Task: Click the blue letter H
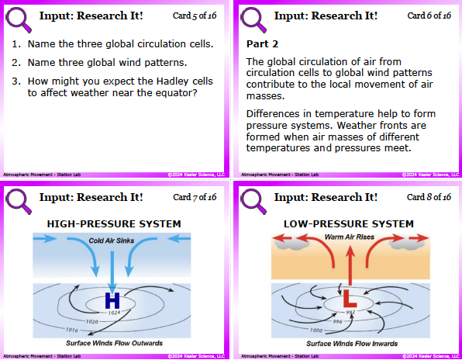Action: (112, 300)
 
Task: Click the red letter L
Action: (350, 299)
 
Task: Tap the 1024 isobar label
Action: (114, 313)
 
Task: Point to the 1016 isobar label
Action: (71, 330)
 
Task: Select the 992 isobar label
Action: (350, 312)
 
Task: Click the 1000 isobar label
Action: (315, 331)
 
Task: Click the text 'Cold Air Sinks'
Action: (112, 241)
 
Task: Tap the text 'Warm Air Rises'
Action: (349, 237)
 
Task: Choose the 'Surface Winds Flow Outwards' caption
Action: (114, 343)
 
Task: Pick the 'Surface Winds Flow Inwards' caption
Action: (352, 344)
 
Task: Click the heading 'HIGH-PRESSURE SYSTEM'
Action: (114, 224)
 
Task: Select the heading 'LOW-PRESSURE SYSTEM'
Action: (349, 224)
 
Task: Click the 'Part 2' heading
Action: (262, 44)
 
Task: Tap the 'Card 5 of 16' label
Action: (195, 16)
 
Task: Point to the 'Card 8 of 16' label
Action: (429, 197)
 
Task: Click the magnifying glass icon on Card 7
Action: (19, 201)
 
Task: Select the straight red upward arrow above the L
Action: (350, 265)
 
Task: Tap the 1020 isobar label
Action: (91, 322)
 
